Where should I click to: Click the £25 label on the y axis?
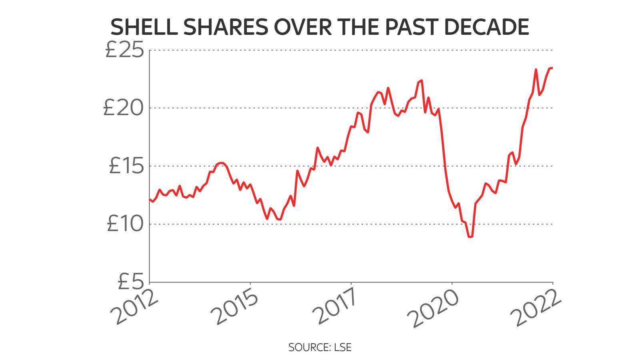click(124, 50)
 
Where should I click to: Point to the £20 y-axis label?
click(123, 108)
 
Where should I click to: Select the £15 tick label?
click(126, 166)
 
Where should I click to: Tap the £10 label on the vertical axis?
click(125, 224)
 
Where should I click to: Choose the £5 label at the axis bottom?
click(130, 281)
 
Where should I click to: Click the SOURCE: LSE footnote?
click(320, 347)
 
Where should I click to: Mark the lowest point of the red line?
click(470, 237)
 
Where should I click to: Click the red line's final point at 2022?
click(552, 68)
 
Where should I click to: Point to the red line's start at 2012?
click(150, 199)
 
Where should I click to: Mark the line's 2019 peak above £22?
click(422, 80)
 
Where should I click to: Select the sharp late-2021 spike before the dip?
click(536, 70)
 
